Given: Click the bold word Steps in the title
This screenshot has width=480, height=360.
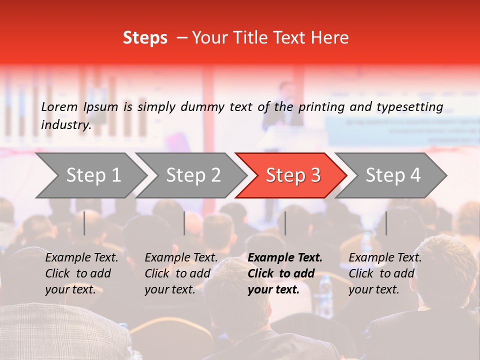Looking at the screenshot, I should click(x=145, y=38).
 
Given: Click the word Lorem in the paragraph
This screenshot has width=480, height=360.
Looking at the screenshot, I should click(x=59, y=106).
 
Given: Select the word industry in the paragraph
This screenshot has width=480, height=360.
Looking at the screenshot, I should click(x=65, y=125).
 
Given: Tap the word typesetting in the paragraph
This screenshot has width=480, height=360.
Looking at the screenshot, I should click(x=409, y=106).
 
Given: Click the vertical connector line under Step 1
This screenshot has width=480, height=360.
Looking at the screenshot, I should click(x=84, y=223).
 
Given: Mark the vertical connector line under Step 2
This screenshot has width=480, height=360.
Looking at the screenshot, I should click(x=184, y=223).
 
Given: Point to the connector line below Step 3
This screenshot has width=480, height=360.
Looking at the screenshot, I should click(x=285, y=223).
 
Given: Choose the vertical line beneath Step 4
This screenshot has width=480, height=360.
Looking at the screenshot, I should click(x=386, y=223).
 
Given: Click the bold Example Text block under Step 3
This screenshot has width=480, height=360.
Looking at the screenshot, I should click(x=285, y=273).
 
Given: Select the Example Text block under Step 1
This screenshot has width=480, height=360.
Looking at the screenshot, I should click(x=81, y=273).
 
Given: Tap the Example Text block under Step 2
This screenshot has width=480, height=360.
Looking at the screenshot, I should click(x=181, y=273).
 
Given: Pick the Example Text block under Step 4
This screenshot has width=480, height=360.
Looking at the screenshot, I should click(x=385, y=273).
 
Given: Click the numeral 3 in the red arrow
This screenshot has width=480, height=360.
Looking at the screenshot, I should click(x=315, y=175).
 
